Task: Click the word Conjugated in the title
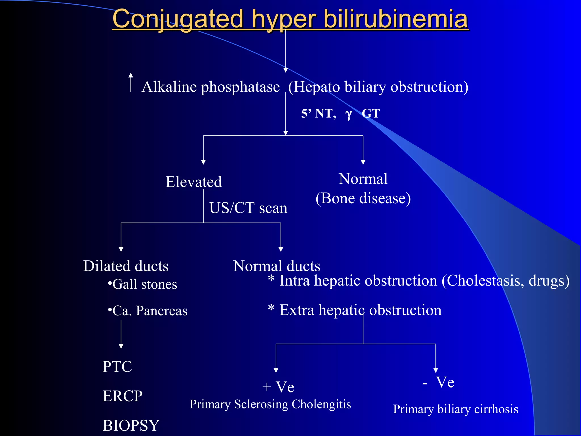coord(178,19)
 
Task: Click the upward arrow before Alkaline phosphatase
coord(130,82)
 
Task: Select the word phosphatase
coord(240,87)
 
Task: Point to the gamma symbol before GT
coord(349,114)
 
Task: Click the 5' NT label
coord(318,114)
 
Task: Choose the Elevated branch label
coord(193,182)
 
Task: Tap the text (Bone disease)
coord(363,198)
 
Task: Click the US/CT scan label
coord(248,208)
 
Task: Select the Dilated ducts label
coord(126,266)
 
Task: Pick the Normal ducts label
coord(277,266)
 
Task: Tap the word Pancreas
coord(162,311)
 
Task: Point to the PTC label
coord(117,366)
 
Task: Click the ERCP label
coord(123,396)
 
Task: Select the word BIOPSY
coord(131,425)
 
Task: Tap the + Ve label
coord(278,387)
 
